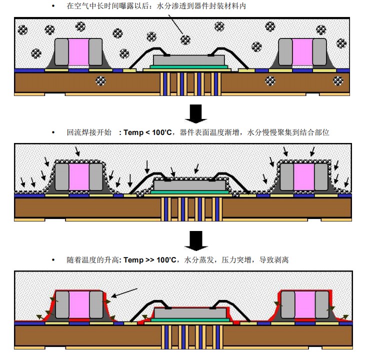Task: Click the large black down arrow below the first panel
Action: click(196, 113)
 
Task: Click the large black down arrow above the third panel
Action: click(196, 241)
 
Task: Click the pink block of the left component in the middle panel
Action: click(78, 177)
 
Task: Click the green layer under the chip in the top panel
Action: click(190, 66)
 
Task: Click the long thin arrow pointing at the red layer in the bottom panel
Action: click(124, 292)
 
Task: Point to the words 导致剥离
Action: click(274, 260)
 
